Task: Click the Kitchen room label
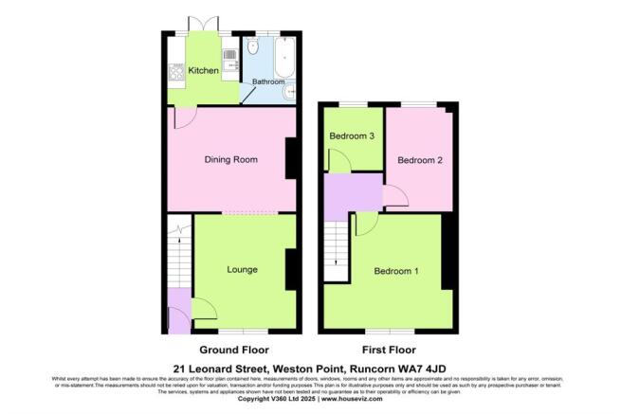tap(204, 71)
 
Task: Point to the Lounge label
tap(243, 270)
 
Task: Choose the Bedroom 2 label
tap(419, 160)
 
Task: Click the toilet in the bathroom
tap(251, 47)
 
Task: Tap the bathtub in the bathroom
tap(285, 56)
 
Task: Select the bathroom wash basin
tap(290, 91)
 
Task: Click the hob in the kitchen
tap(176, 71)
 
